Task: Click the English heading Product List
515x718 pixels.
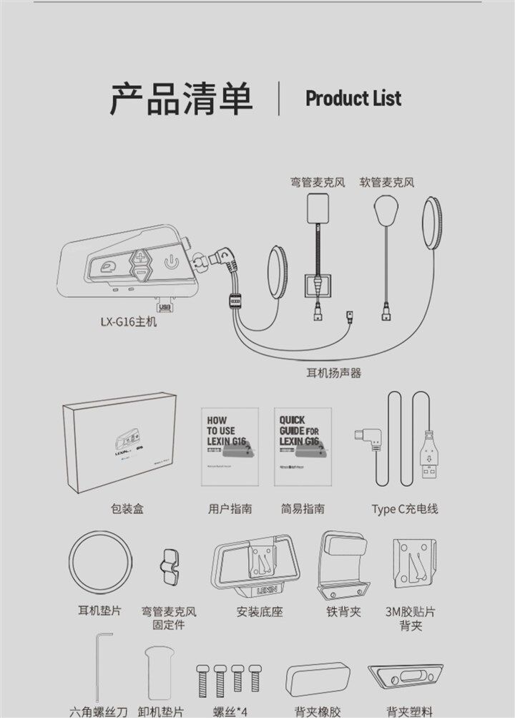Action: coord(353,99)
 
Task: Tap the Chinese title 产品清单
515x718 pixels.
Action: coord(182,99)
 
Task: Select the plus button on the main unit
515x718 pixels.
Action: coord(142,256)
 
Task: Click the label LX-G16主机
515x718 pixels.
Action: coord(128,321)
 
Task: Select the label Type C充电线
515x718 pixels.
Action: coord(404,509)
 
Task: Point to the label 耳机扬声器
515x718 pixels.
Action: coord(333,372)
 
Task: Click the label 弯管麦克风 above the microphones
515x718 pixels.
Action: coord(318,183)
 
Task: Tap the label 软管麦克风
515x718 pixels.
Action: coord(387,183)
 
